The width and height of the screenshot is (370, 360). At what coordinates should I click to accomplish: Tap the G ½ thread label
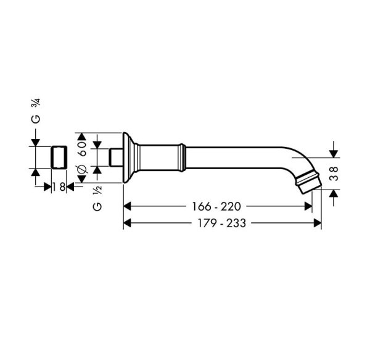pyautogui.click(x=97, y=199)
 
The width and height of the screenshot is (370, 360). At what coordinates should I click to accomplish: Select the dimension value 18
pyautogui.click(x=59, y=187)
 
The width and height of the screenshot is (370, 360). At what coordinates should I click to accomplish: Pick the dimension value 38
pyautogui.click(x=334, y=174)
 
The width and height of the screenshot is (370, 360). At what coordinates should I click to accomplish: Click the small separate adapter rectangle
pyautogui.click(x=59, y=157)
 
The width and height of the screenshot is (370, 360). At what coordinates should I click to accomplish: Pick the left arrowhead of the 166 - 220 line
pyautogui.click(x=128, y=206)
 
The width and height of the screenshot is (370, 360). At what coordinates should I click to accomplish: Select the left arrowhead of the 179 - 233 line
pyautogui.click(x=128, y=223)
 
